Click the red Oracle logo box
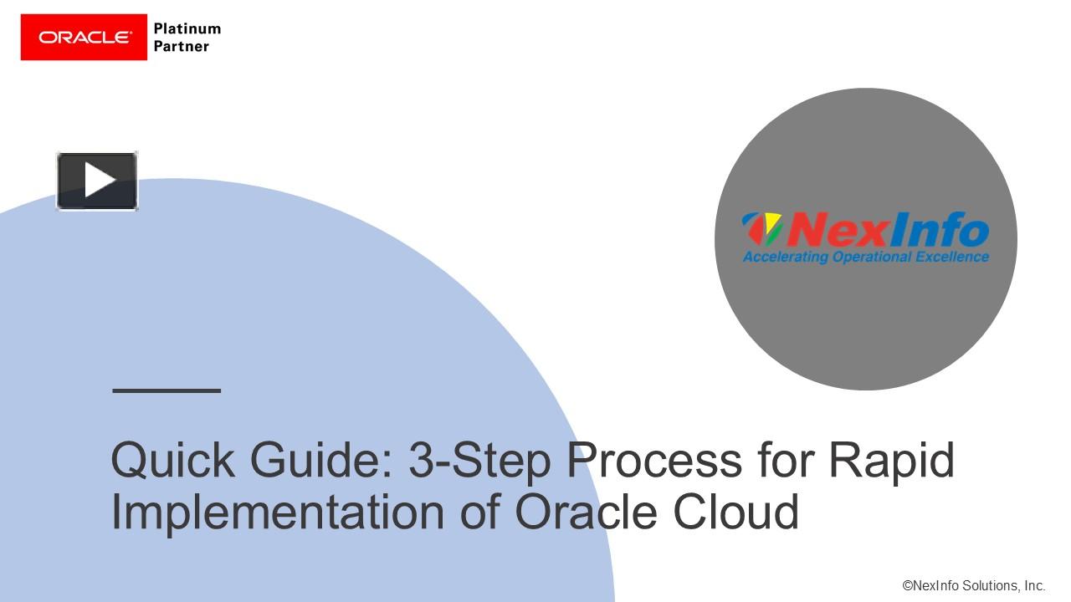click(84, 37)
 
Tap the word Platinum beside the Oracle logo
click(187, 28)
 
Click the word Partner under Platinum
click(181, 47)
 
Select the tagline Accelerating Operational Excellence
click(865, 257)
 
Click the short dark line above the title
click(167, 390)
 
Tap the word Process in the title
click(654, 460)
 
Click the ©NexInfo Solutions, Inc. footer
click(973, 586)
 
